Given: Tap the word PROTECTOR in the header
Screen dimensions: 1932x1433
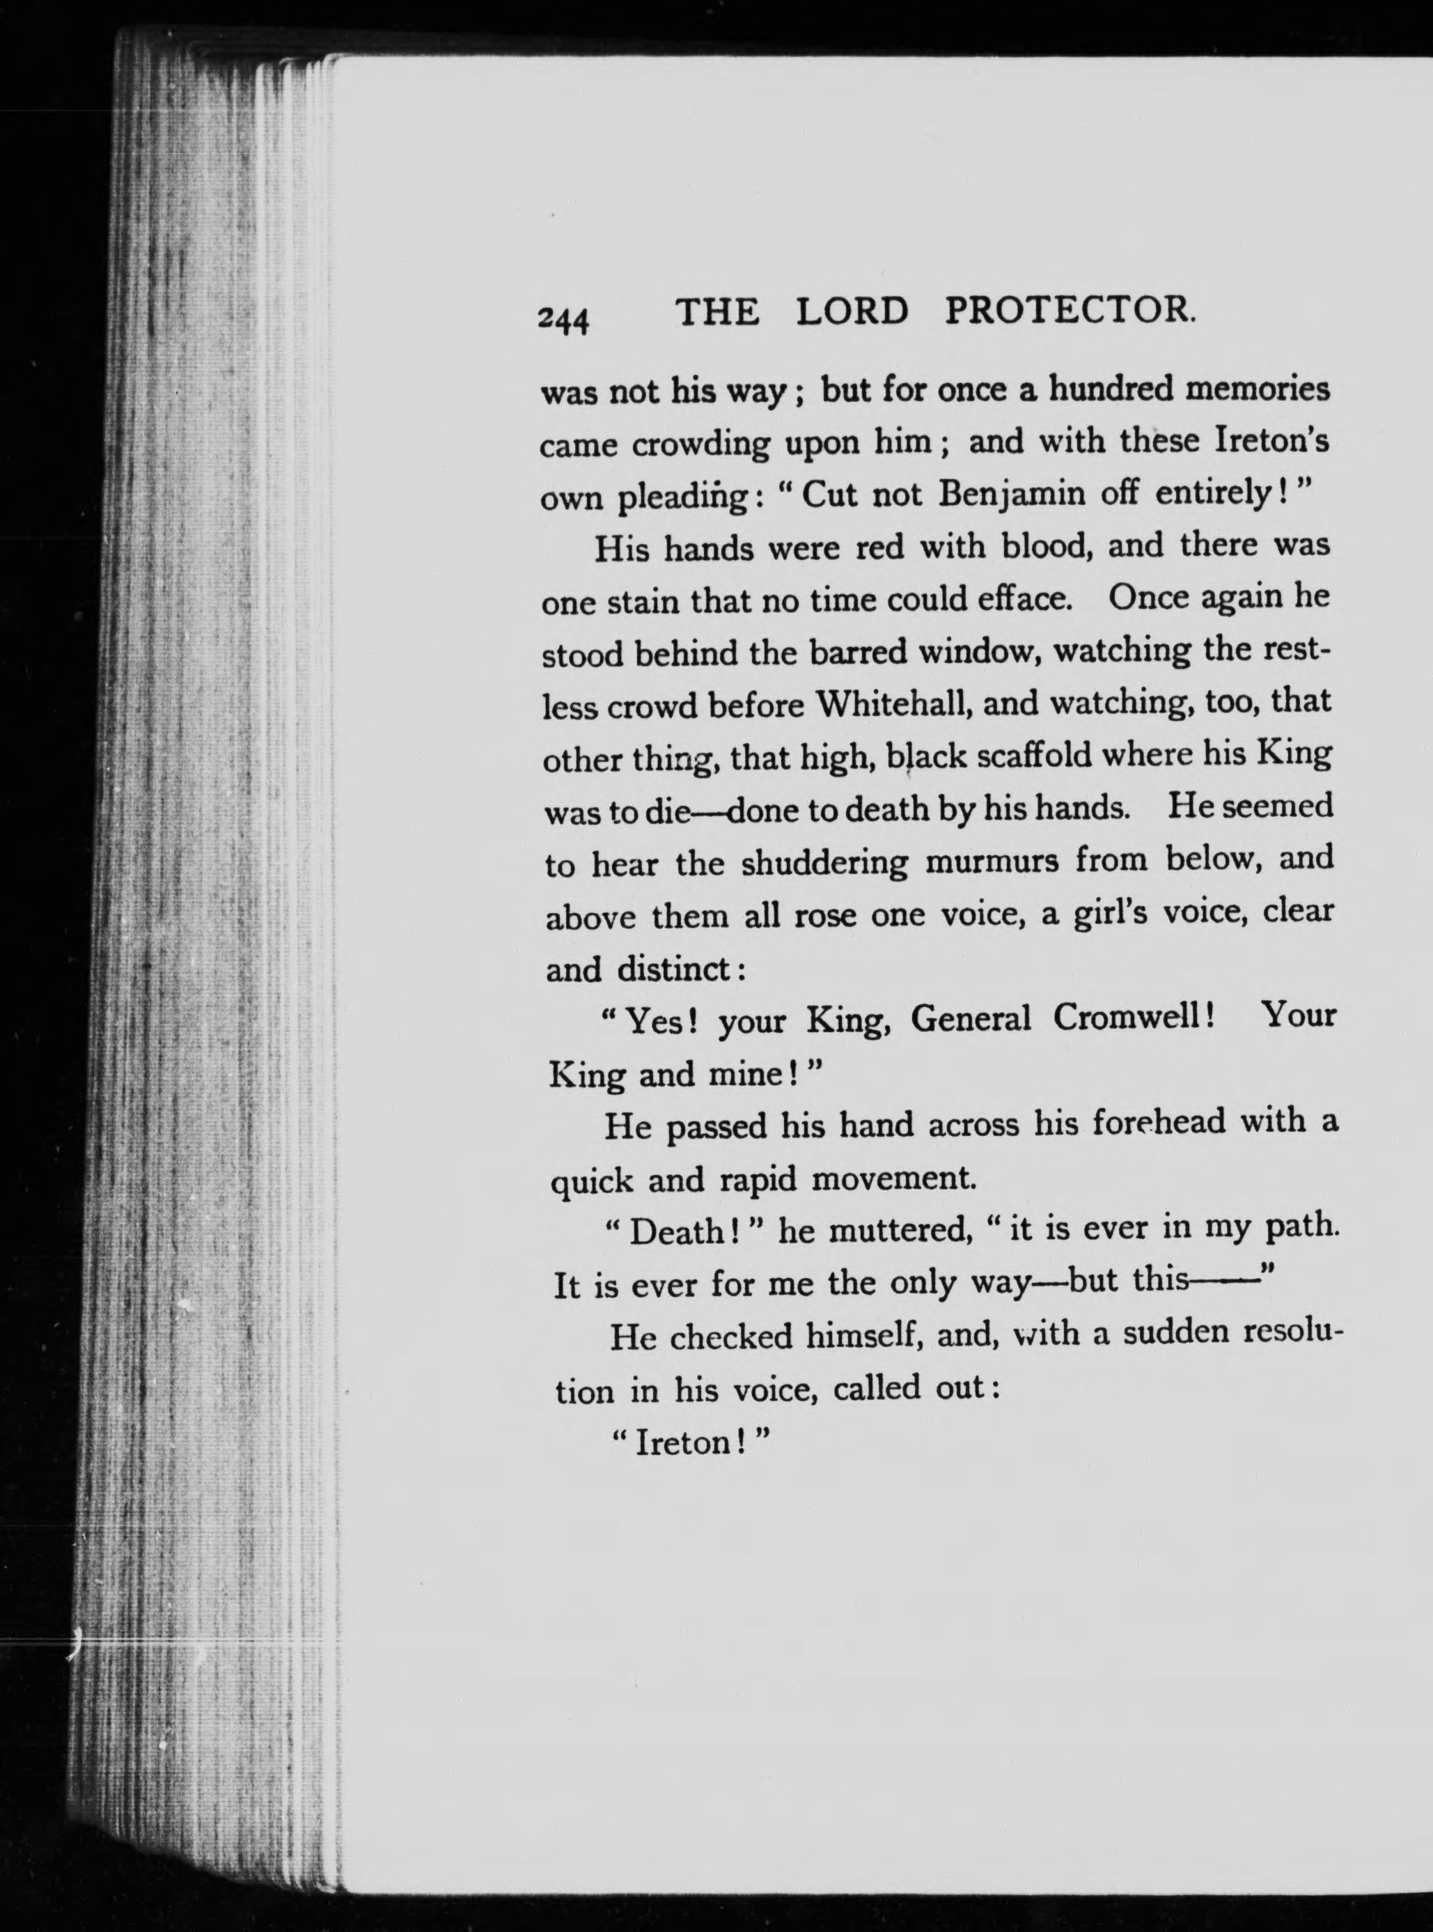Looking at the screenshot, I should coord(1070,311).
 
